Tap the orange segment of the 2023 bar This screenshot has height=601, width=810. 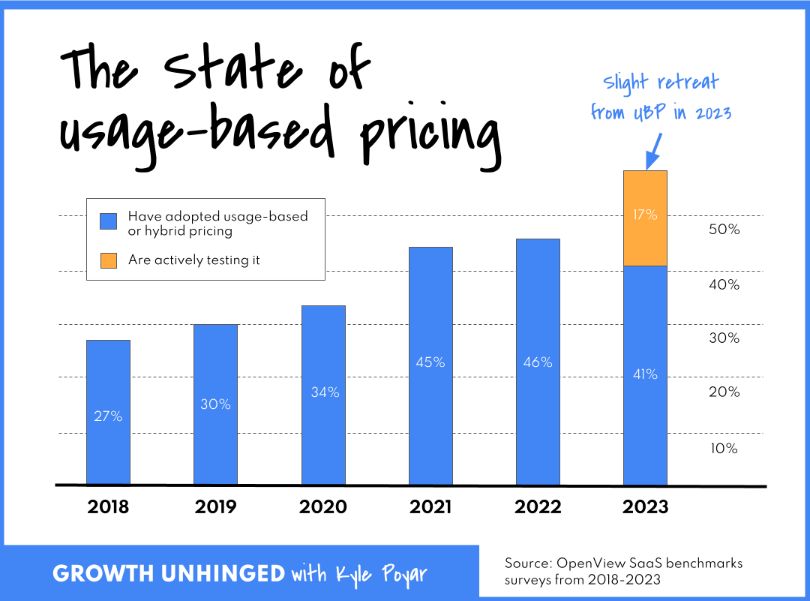[x=645, y=218]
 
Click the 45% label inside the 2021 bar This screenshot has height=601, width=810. [x=430, y=362]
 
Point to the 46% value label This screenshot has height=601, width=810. [x=538, y=362]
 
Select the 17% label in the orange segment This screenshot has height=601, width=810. [x=645, y=215]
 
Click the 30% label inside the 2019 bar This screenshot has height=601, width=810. [x=215, y=404]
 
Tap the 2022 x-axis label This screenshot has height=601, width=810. [x=538, y=507]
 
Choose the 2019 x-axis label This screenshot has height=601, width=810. [x=215, y=507]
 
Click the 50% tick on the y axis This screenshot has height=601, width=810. [x=724, y=230]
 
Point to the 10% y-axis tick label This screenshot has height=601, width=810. [x=724, y=449]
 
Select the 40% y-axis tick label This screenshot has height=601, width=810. [x=724, y=285]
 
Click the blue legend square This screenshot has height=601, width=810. [x=109, y=221]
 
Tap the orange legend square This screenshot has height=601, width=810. [x=109, y=260]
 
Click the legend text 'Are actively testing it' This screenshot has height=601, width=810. [x=194, y=260]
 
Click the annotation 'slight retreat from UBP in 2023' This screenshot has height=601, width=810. [x=661, y=98]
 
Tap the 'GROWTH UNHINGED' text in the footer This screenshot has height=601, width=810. [x=168, y=575]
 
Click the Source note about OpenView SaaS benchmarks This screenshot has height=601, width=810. [x=623, y=572]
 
